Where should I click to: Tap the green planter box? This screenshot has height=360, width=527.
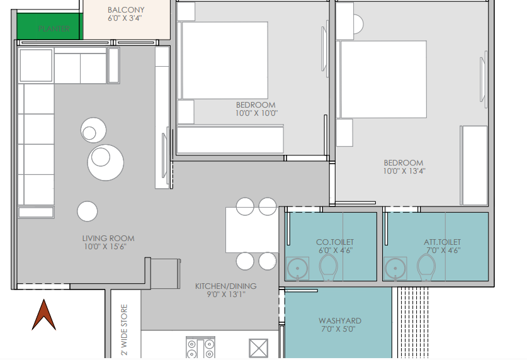pos(48,26)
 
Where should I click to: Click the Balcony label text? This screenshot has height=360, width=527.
pos(126,10)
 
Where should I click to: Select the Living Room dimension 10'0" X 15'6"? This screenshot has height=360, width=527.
pos(105,247)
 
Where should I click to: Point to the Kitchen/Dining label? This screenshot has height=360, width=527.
pos(226,286)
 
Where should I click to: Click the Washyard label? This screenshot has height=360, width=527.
pos(340,321)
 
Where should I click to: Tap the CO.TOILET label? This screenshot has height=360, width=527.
pos(335,242)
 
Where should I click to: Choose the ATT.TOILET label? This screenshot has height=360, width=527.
pos(442,242)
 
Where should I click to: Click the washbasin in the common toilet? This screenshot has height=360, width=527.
pos(297,269)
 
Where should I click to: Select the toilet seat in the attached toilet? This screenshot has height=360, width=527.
pos(426,267)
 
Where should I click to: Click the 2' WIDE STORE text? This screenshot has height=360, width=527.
pos(124,330)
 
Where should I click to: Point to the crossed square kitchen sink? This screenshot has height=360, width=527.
pos(258,348)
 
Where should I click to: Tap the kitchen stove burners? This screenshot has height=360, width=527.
pos(200,348)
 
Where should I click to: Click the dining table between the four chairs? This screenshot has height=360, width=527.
pos(252,230)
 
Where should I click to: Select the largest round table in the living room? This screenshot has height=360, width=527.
pos(106,162)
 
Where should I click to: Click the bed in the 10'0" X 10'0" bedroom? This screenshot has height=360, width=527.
pos(225,60)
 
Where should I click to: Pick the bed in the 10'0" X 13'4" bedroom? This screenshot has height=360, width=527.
pos(383,79)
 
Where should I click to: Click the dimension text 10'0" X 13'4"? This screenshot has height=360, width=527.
pos(404,171)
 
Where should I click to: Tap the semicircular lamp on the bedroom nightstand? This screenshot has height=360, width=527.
pos(358,24)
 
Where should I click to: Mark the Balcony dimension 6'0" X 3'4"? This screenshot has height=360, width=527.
pos(125,18)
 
